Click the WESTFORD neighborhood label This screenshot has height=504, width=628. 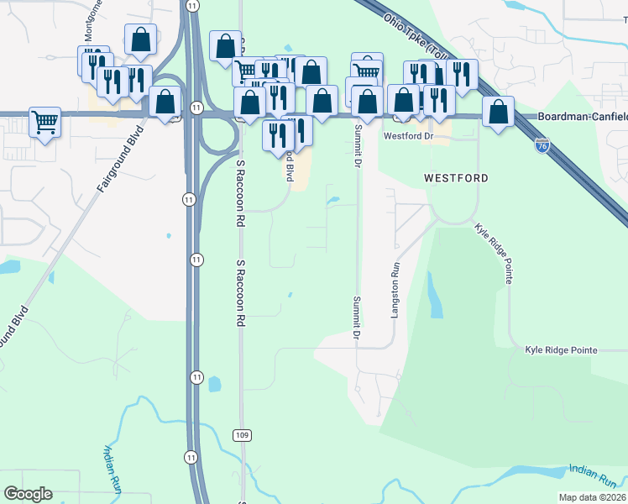[456, 178]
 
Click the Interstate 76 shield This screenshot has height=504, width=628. [542, 146]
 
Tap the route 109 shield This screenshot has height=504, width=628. [242, 434]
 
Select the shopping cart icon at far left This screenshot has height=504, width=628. [44, 121]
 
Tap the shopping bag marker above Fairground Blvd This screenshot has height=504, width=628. [141, 39]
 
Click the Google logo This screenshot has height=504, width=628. [28, 494]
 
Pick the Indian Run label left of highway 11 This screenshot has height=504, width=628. [114, 467]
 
